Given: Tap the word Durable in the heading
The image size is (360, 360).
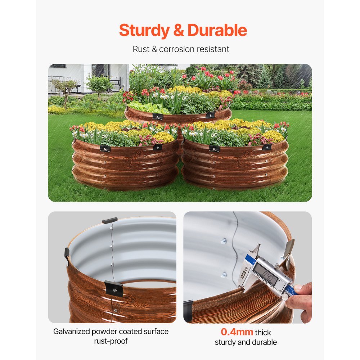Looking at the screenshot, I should point(217,30).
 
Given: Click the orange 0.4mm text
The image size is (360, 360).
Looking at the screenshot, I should point(237,332).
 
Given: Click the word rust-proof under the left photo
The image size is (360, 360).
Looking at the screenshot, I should point(111,341).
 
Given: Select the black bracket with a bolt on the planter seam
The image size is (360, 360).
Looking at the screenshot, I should point(113,288).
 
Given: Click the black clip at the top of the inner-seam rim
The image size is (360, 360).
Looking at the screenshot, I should point(109,220).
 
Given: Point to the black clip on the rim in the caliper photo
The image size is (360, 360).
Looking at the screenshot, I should point(188,310).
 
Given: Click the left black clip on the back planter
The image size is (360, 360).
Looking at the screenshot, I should point(157,116).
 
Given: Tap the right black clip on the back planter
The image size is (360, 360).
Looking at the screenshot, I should point(210,115).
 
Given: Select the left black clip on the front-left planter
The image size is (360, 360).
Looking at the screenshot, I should point(105,148).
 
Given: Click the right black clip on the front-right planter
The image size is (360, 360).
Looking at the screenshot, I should point(267,147).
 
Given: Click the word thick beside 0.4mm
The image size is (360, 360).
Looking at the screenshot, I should point(263,332).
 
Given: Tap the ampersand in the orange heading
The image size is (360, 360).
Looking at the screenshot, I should point(179,31).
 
